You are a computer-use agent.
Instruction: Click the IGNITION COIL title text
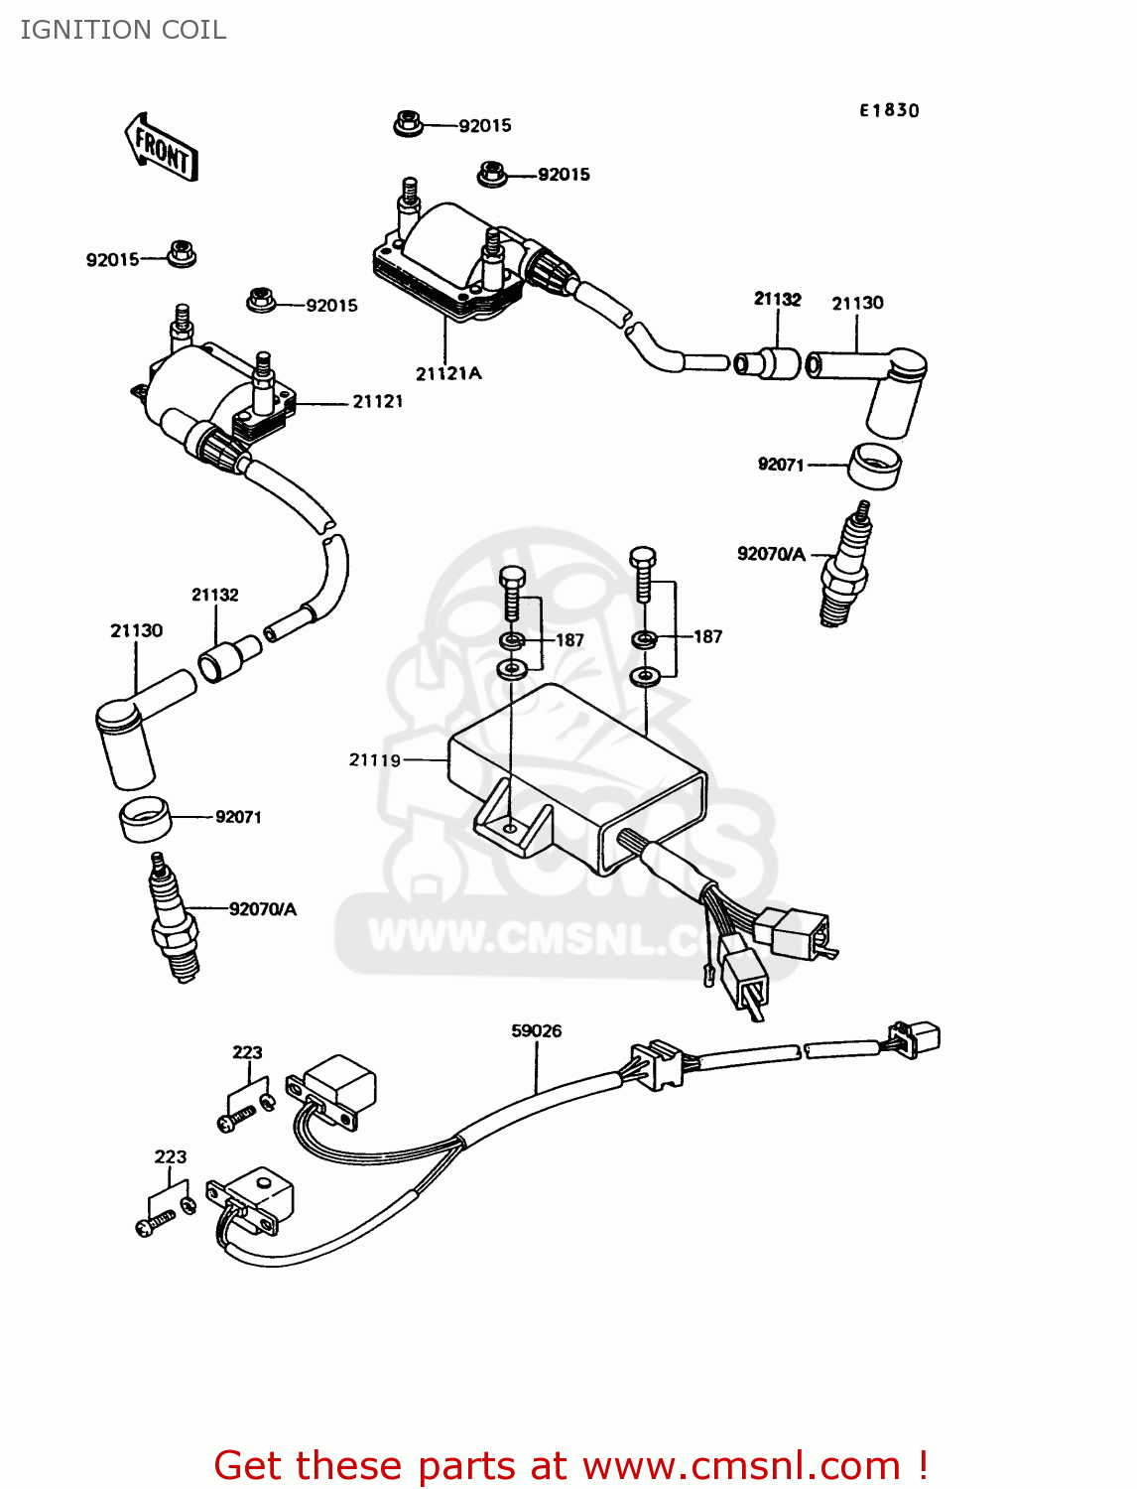pyautogui.click(x=123, y=30)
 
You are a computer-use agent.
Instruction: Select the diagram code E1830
pyautogui.click(x=889, y=110)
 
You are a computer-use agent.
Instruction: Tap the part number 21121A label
pyautogui.click(x=448, y=373)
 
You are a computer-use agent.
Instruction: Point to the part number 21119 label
pyautogui.click(x=375, y=759)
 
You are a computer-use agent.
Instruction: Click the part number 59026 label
pyautogui.click(x=536, y=1030)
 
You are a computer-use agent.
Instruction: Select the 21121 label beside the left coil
pyautogui.click(x=377, y=401)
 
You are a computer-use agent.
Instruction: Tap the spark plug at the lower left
pyautogui.click(x=174, y=919)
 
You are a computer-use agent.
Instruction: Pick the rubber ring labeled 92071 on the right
pyautogui.click(x=874, y=466)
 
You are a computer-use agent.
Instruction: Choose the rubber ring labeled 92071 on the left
pyautogui.click(x=145, y=818)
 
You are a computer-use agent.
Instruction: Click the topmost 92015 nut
pyautogui.click(x=408, y=124)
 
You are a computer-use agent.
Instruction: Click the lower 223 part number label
pyautogui.click(x=170, y=1156)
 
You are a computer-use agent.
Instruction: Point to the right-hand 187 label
pyautogui.click(x=707, y=636)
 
